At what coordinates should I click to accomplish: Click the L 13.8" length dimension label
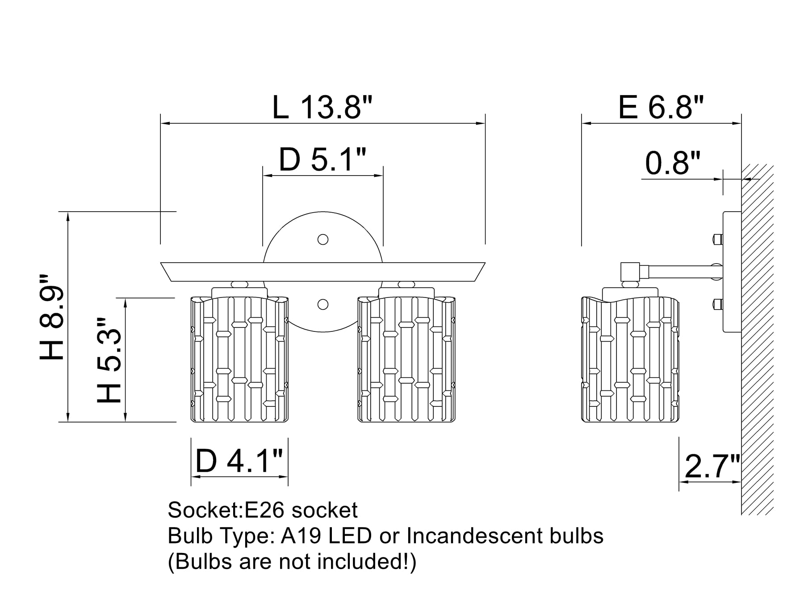(322, 108)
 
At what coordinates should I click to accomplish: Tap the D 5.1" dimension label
(322, 160)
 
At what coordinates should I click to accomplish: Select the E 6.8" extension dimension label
(661, 108)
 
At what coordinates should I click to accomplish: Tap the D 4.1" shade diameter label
(239, 461)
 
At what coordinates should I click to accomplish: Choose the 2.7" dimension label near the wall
(712, 466)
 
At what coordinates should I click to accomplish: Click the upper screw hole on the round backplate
(322, 239)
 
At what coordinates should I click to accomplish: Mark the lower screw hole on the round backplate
(322, 305)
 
